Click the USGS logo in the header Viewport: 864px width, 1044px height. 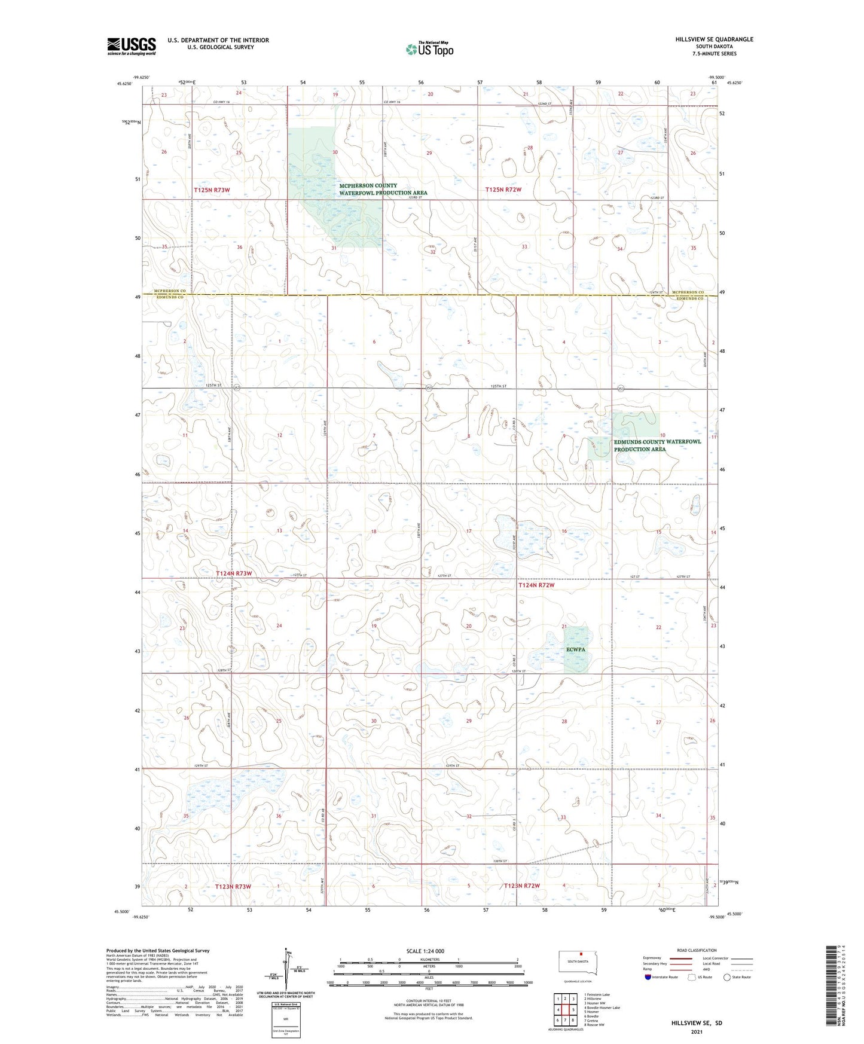pos(131,46)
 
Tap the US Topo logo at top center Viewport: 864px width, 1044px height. pos(429,49)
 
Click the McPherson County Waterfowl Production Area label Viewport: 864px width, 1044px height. pos(383,190)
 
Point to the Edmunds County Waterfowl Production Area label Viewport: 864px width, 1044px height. pos(657,445)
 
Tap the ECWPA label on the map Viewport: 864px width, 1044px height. pos(576,649)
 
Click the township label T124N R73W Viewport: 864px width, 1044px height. pos(234,573)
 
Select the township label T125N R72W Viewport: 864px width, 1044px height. pos(503,190)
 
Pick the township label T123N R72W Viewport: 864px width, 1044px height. pos(521,886)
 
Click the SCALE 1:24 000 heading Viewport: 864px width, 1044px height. pos(425,951)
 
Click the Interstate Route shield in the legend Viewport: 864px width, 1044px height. pos(648,977)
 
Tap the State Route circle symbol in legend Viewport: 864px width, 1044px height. pos(726,977)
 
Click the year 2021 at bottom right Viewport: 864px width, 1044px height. pos(697,1032)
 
